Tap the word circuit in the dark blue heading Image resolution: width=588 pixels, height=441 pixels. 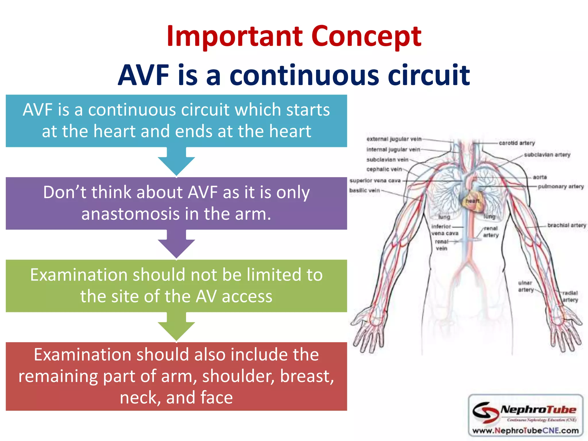tap(428, 75)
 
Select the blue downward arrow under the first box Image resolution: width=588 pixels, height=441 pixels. tap(176, 163)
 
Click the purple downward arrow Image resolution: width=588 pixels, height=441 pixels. tap(176, 245)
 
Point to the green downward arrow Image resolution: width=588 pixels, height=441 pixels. tap(176, 327)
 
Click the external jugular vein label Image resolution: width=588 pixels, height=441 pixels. tap(394, 139)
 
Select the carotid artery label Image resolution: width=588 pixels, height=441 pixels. tap(517, 143)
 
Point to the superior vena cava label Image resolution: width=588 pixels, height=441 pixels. tap(375, 181)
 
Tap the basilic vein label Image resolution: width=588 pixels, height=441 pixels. tap(364, 190)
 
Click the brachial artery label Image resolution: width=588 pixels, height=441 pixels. tap(566, 225)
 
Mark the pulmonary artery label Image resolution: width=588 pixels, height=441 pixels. tap(561, 187)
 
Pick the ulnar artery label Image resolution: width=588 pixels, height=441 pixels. tap(525, 286)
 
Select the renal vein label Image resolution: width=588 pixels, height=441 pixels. tap(442, 245)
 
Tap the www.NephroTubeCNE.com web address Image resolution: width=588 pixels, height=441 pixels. tap(525, 431)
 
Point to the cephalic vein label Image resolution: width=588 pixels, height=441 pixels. tap(384, 169)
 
